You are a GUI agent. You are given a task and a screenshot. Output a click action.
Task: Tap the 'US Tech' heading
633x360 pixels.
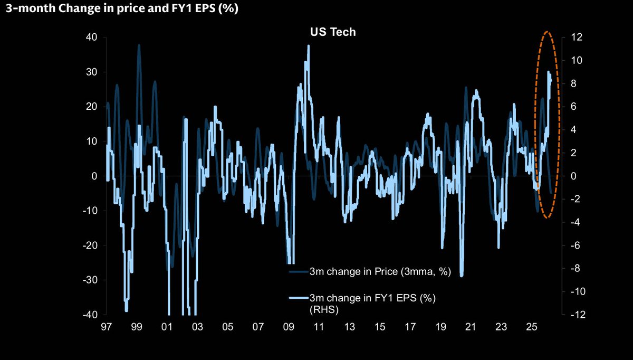[x=332, y=32]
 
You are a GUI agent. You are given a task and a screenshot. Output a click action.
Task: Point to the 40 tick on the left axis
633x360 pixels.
[x=92, y=37]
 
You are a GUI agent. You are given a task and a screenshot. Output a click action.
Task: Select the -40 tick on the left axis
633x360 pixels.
[x=89, y=315]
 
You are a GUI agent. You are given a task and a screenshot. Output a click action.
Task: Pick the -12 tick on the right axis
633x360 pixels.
[x=574, y=315]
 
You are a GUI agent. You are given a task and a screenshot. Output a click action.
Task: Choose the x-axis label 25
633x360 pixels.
[x=531, y=327]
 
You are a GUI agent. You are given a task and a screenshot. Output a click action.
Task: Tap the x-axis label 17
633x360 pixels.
[x=409, y=327]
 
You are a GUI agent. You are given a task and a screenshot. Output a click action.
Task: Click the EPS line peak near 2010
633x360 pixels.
[x=308, y=46]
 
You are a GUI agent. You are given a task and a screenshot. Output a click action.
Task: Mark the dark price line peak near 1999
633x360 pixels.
[x=139, y=45]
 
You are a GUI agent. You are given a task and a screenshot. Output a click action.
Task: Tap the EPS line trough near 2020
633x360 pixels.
[x=462, y=274]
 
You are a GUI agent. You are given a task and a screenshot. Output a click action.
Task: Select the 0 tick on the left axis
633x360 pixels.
[x=95, y=176]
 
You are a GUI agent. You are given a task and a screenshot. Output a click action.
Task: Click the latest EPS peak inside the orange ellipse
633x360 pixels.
[x=549, y=72]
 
